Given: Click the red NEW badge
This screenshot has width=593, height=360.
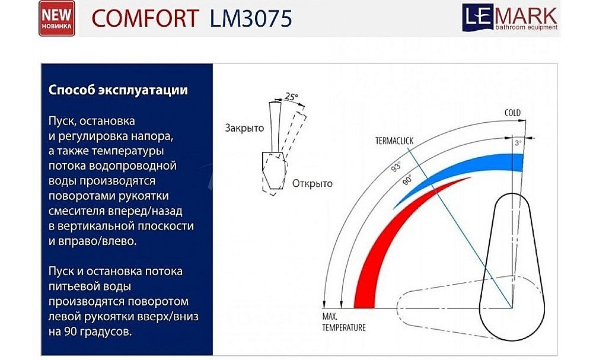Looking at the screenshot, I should coord(56,18).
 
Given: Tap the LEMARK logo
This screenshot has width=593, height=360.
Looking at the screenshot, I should coord(510,15).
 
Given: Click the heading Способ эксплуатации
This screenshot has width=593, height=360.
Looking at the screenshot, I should coord(118,91).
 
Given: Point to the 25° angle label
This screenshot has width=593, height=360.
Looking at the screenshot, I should coord(291,96).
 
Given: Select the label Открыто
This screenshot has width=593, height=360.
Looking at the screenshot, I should coord(313,183).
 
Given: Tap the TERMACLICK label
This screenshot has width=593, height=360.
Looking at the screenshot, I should coord(394,141).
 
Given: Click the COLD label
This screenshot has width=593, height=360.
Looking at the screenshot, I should coord(512,113).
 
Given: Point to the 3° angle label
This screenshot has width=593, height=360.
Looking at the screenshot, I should coord(518,143).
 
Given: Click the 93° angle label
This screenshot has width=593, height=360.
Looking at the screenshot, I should coord(396,167).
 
